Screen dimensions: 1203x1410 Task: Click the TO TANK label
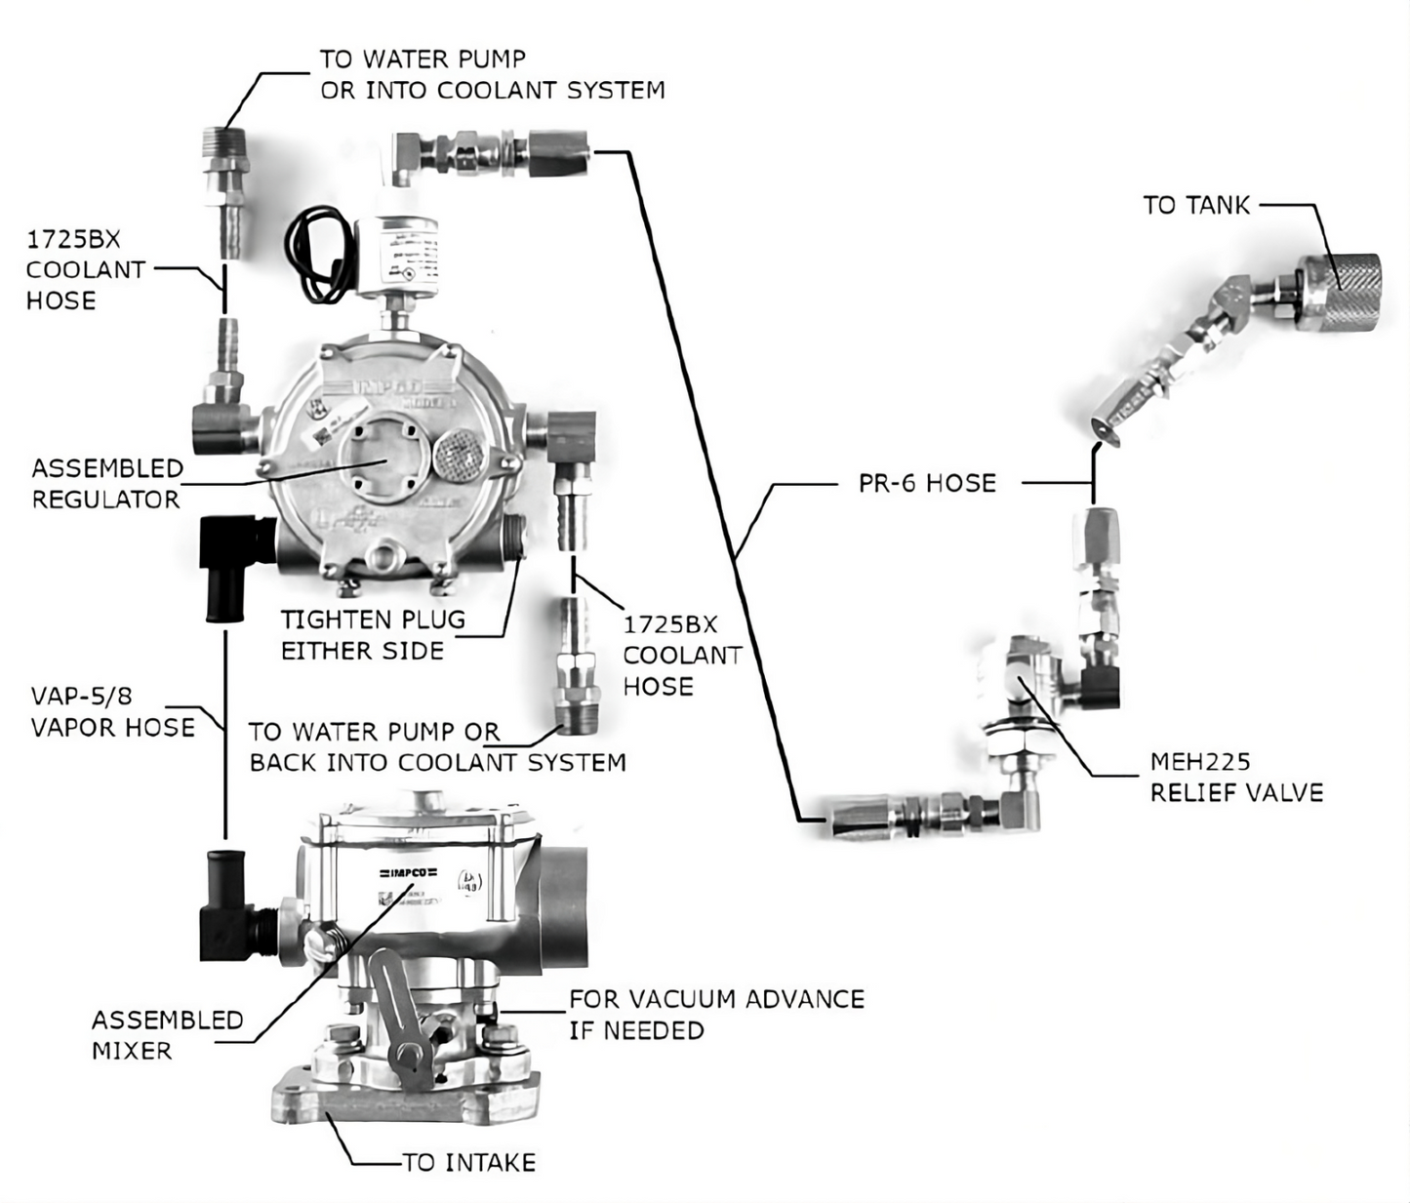click(1196, 205)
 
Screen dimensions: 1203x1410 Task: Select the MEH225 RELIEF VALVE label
click(1235, 777)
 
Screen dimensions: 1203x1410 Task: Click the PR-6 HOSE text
click(927, 483)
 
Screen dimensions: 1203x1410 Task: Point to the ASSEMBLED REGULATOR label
click(106, 484)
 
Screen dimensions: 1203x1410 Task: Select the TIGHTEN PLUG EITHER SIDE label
click(372, 635)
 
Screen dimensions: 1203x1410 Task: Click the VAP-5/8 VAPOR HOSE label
click(111, 711)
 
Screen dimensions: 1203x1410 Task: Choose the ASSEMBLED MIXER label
click(167, 1035)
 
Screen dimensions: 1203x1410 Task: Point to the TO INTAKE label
click(469, 1162)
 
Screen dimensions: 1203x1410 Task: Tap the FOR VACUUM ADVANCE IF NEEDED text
click(715, 1015)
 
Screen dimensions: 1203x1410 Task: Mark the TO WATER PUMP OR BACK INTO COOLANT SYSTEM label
click(436, 747)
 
